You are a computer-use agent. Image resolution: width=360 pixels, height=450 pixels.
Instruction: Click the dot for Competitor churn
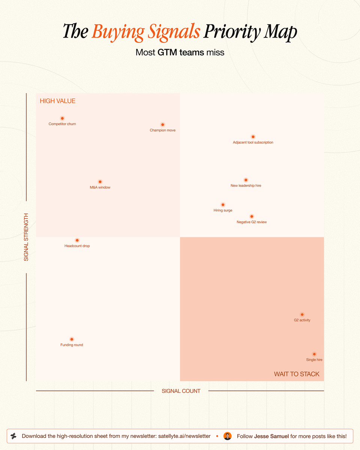click(x=62, y=118)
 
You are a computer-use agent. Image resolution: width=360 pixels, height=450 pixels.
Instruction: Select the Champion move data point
click(x=162, y=124)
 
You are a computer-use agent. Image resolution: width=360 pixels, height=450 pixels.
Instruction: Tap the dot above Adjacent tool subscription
click(x=253, y=137)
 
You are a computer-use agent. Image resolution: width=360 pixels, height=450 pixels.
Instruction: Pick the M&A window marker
click(x=100, y=182)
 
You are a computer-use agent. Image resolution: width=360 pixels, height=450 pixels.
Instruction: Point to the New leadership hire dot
click(x=246, y=180)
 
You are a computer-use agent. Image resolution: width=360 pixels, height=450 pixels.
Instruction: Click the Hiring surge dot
click(x=223, y=205)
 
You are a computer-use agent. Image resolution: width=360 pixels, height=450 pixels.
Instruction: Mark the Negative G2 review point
click(x=252, y=216)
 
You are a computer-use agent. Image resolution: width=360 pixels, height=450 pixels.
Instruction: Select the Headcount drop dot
click(x=77, y=240)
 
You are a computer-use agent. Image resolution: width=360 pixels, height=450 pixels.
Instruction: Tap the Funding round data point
click(x=72, y=339)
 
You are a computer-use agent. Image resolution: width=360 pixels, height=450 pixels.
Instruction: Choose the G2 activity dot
click(x=302, y=315)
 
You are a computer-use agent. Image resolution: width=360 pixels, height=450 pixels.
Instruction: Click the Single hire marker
click(x=314, y=354)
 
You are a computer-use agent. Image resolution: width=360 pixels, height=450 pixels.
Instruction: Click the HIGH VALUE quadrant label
click(x=57, y=101)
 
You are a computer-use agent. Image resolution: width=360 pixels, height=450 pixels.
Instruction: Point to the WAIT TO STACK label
click(x=297, y=374)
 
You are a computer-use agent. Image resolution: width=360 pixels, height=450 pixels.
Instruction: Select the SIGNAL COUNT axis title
click(x=181, y=391)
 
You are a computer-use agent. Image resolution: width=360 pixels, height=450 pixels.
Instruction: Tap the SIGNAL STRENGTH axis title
click(x=26, y=237)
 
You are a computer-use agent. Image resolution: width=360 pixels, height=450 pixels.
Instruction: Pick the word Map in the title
click(x=280, y=32)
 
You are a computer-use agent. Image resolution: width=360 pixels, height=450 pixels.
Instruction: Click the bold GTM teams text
click(x=181, y=52)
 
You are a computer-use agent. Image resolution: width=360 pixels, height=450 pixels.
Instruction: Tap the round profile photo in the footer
click(x=227, y=436)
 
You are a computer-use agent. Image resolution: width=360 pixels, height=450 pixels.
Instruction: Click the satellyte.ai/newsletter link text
click(x=184, y=436)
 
